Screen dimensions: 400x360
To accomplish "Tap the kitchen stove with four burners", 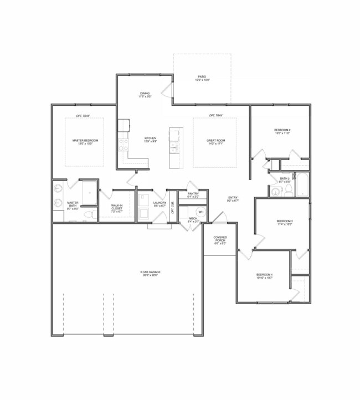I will coord(123,145).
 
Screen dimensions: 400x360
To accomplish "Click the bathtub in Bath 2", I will coord(302,184).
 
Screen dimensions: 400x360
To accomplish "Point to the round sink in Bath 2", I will coord(275,192).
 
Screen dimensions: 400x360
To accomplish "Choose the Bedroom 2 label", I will coord(282,131).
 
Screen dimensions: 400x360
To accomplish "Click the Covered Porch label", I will coord(220,239).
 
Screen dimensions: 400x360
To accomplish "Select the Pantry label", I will coord(193,195).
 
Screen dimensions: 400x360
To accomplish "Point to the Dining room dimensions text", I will coord(145,97).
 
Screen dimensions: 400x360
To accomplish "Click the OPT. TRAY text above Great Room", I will coord(215,115).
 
